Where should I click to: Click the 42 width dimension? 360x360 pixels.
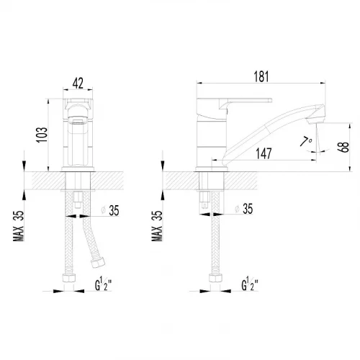pyautogui.click(x=78, y=83)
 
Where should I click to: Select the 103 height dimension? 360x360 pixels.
pyautogui.click(x=42, y=135)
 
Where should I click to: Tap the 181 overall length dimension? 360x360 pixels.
pyautogui.click(x=261, y=76)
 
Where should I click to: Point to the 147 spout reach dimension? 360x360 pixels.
pyautogui.click(x=264, y=153)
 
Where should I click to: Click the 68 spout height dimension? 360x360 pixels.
pyautogui.click(x=343, y=147)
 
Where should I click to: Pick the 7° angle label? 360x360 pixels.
pyautogui.click(x=306, y=141)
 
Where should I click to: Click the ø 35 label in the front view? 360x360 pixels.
pyautogui.click(x=110, y=210)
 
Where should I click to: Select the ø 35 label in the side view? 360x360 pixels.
pyautogui.click(x=244, y=209)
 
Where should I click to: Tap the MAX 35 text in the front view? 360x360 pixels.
pyautogui.click(x=19, y=225)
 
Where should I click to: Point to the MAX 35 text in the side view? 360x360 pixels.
pyautogui.click(x=157, y=225)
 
